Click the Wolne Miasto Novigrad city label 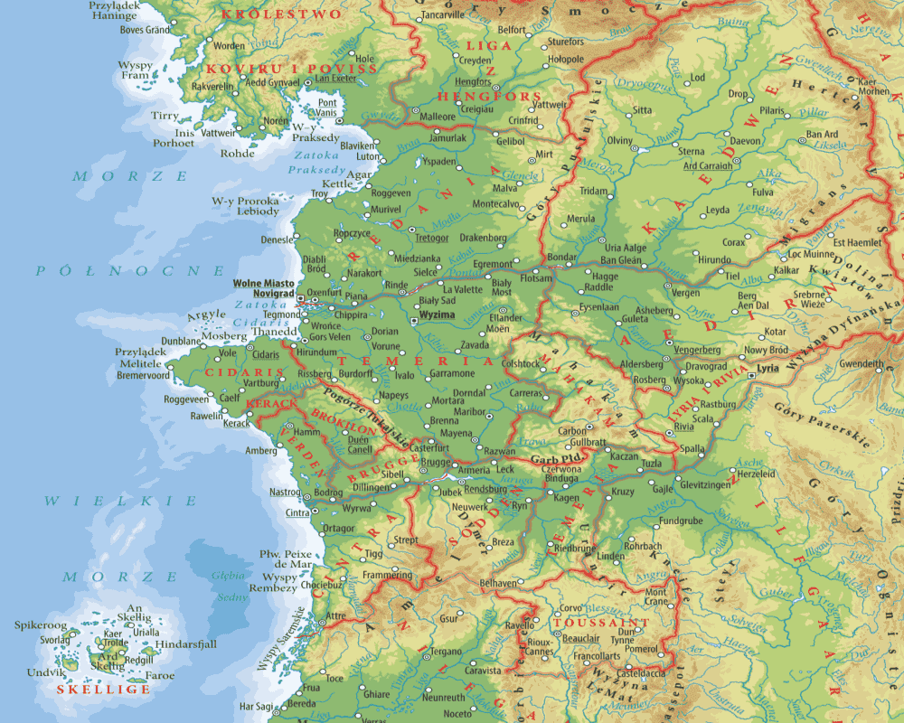click(263, 288)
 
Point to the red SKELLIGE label click(90, 689)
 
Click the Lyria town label click(767, 369)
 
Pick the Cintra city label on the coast click(297, 513)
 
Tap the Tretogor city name click(431, 239)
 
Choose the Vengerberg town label click(700, 349)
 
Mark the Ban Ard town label click(821, 135)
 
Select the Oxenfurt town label click(325, 293)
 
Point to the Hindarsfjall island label click(186, 644)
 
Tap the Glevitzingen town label click(704, 484)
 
